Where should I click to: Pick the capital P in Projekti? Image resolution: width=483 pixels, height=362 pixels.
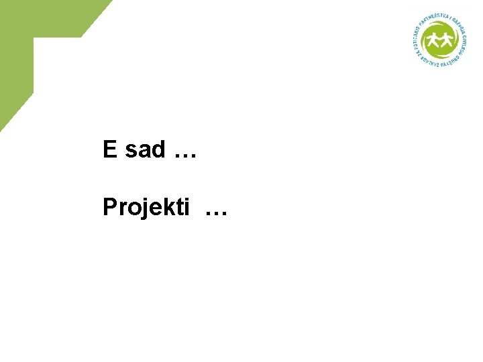click(110, 207)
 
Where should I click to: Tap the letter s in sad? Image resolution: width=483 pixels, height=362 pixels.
click(131, 152)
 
